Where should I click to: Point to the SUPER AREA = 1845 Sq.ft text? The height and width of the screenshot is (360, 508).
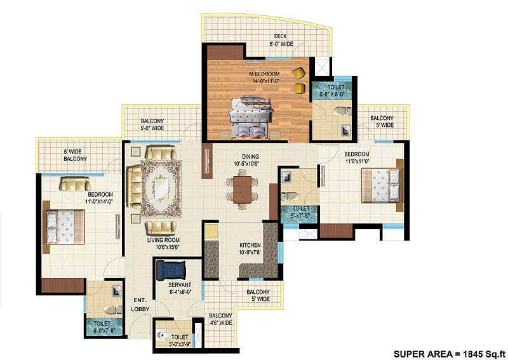point(449,353)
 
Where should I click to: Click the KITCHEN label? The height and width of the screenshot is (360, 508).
point(250,248)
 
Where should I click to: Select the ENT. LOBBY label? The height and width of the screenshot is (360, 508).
point(140,304)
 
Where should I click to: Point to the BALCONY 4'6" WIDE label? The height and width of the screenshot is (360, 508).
point(220,319)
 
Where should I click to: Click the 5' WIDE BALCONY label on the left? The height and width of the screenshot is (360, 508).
point(75,155)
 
